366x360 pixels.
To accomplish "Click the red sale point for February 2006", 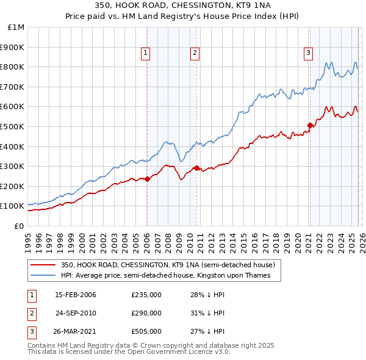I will pos(148,179).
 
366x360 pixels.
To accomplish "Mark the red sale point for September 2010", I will pos(196,168).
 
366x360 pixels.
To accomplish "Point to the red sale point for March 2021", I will pos(310,125).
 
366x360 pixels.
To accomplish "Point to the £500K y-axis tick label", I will pos(13,126).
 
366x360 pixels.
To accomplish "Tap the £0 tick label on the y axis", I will pos(20,226).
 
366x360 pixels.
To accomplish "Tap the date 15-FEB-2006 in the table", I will pos(76,295).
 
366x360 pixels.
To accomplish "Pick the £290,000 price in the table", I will pos(146,313).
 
